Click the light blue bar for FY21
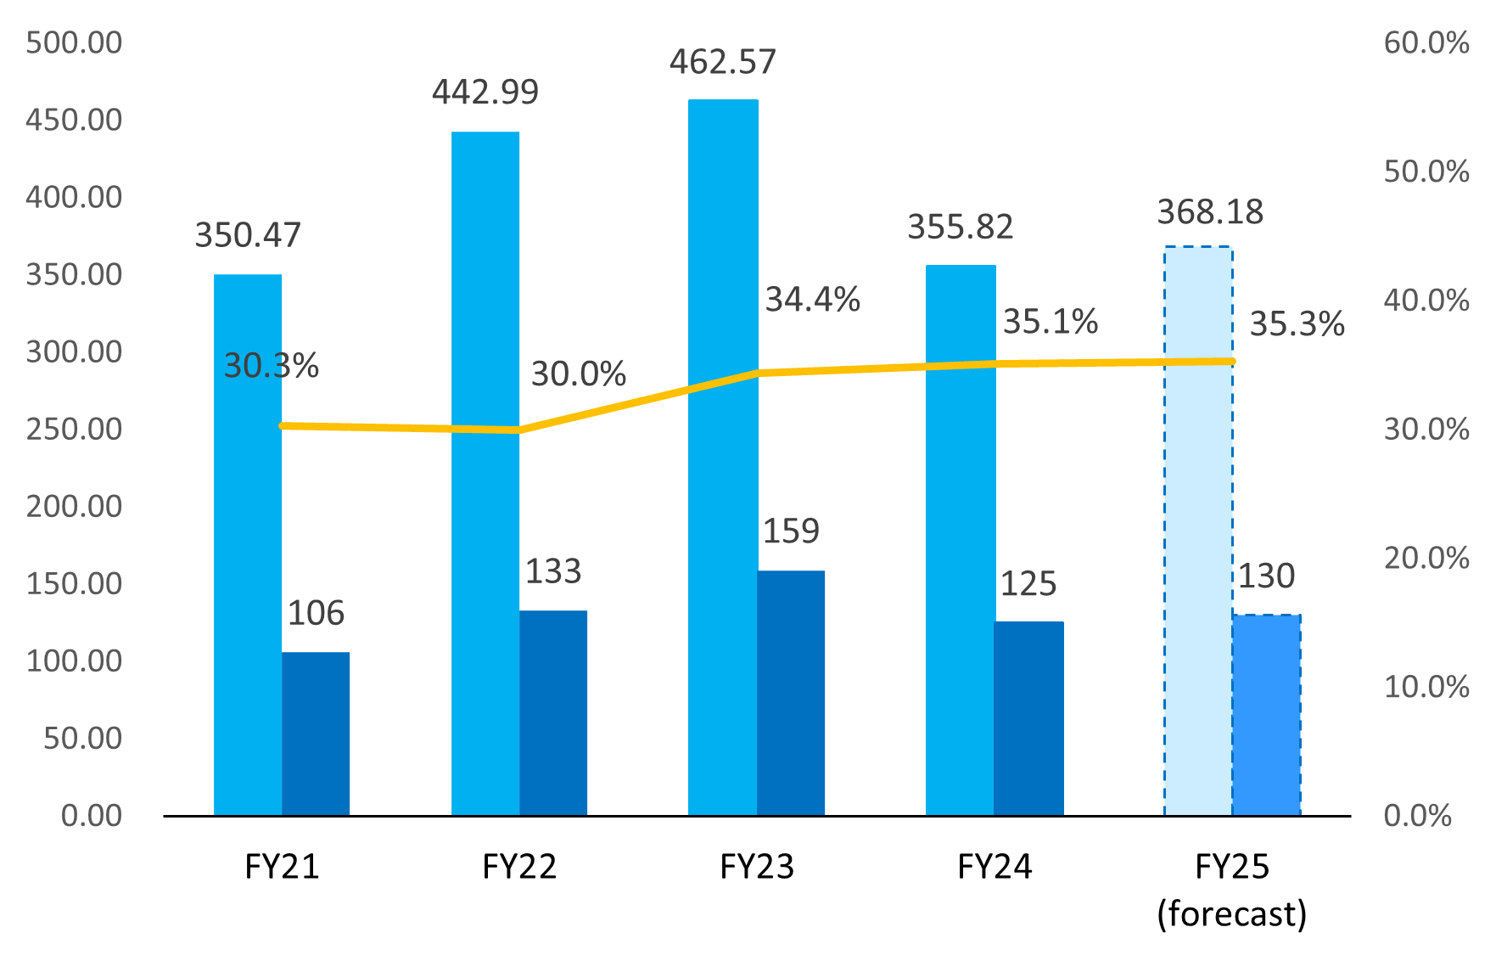click(247, 543)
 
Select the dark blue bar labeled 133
click(553, 713)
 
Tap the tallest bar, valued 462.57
click(722, 458)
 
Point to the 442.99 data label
click(485, 92)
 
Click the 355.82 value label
click(960, 228)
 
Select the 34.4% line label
click(812, 300)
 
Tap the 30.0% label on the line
click(578, 374)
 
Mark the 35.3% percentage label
click(1297, 324)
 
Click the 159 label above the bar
click(791, 531)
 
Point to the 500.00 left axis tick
click(74, 42)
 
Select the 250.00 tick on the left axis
click(74, 429)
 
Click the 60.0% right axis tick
click(1426, 42)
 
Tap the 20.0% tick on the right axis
click(1426, 558)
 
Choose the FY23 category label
click(756, 867)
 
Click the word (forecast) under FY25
click(1231, 914)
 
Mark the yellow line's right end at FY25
click(1231, 362)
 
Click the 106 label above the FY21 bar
click(316, 614)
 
